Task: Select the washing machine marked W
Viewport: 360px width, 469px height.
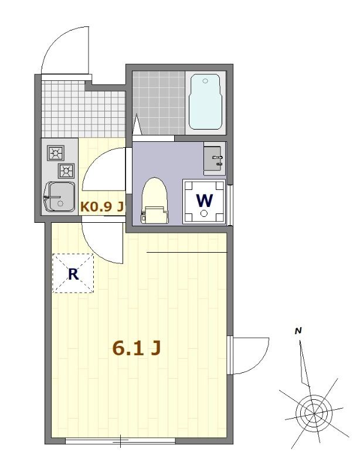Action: click(x=205, y=201)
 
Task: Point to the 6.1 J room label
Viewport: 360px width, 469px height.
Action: click(x=136, y=348)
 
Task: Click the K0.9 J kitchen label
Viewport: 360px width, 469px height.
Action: click(x=101, y=206)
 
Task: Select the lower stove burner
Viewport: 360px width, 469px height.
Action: click(x=66, y=171)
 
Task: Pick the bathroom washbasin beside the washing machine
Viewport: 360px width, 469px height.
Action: click(x=213, y=158)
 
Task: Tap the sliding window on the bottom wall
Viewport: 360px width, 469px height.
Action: click(x=120, y=440)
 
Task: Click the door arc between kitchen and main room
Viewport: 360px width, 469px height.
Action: click(x=103, y=243)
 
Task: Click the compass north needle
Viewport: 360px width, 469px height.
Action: click(x=303, y=363)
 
